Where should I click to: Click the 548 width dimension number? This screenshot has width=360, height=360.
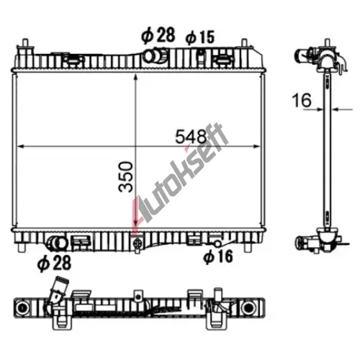(191, 137)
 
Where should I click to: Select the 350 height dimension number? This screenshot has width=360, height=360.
(126, 177)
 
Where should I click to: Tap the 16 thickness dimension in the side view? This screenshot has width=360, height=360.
(302, 100)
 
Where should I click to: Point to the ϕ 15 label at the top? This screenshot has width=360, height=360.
(200, 37)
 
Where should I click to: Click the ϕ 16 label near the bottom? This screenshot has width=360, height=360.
(218, 256)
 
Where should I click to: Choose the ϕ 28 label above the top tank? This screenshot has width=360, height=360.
(158, 35)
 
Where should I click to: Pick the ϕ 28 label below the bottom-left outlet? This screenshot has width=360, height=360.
(55, 263)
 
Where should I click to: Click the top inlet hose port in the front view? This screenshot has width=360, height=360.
(155, 55)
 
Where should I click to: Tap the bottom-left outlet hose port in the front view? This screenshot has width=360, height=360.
(57, 243)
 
